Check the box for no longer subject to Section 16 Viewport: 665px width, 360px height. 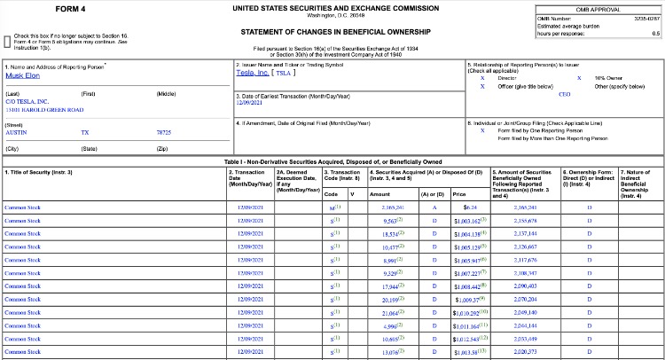[8, 41]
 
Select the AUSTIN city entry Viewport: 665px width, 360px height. [16, 131]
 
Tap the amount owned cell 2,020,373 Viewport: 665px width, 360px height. [525, 352]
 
